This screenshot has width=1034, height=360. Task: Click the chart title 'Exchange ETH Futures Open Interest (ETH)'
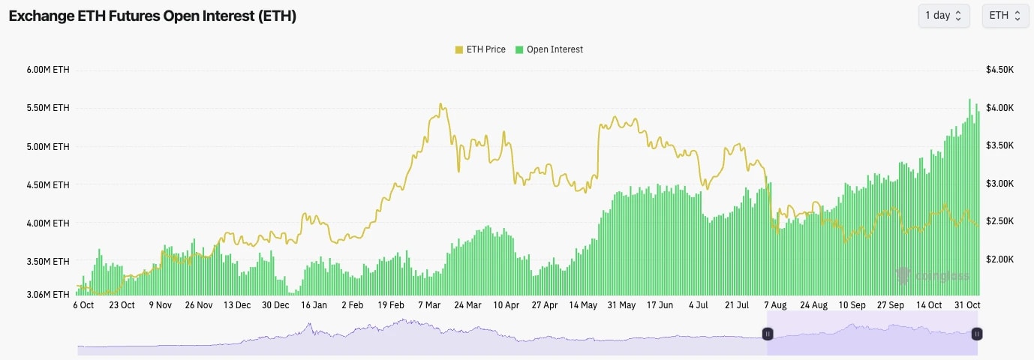(152, 16)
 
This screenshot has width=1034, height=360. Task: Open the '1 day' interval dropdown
(943, 16)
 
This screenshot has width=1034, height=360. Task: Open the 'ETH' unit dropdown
(1005, 16)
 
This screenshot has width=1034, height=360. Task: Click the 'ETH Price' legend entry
(480, 49)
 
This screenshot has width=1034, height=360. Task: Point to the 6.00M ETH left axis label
(49, 70)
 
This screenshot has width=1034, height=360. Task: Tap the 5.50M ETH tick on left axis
(49, 108)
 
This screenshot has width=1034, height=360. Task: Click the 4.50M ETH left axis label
(49, 184)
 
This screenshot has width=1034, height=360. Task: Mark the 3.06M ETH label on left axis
(49, 295)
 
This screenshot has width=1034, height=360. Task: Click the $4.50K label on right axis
(1000, 70)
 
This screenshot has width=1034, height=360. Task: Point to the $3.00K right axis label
(1000, 184)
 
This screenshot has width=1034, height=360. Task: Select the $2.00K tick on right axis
(1000, 259)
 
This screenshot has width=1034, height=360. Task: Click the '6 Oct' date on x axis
(83, 305)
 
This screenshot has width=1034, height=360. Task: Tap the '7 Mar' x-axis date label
(429, 305)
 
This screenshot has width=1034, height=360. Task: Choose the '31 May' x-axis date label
(621, 305)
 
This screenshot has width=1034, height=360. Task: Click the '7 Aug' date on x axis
(775, 305)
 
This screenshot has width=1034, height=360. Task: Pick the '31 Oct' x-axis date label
(967, 305)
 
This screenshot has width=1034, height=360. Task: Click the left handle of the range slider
(768, 334)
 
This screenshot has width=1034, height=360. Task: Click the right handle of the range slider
(977, 334)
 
